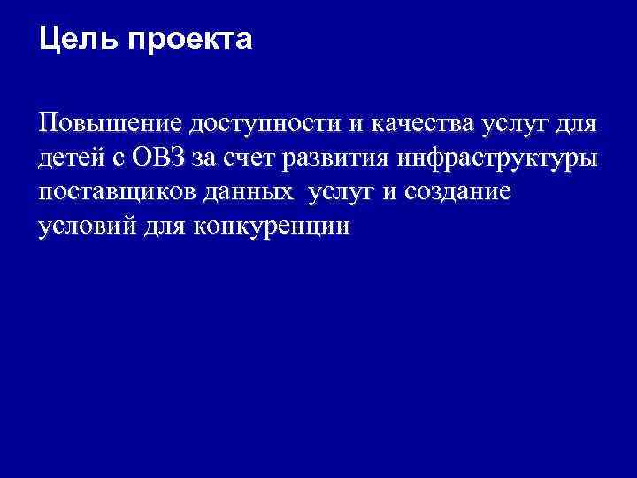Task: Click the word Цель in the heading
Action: [72, 40]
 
